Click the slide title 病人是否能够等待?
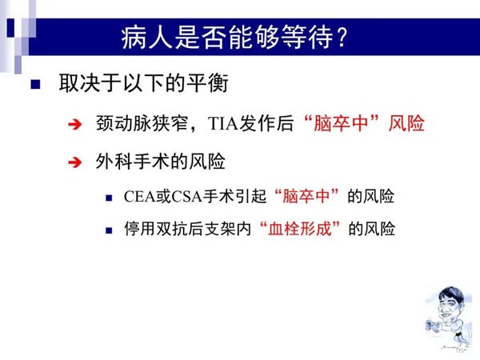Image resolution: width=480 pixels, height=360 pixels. click(x=234, y=38)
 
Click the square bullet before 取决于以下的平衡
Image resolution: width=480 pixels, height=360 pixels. click(x=35, y=84)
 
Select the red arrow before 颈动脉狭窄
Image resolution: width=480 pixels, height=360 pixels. click(x=75, y=124)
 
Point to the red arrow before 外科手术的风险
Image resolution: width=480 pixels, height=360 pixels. click(x=75, y=162)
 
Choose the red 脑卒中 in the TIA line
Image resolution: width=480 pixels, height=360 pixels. click(x=341, y=123)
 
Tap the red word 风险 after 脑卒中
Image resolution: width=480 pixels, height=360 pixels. click(x=406, y=123)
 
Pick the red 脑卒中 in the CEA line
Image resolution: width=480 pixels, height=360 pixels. click(x=306, y=196)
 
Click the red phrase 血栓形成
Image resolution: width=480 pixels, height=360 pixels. click(x=300, y=229)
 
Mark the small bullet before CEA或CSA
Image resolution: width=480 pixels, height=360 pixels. click(x=109, y=198)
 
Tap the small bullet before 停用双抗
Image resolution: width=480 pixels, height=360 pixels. click(x=109, y=230)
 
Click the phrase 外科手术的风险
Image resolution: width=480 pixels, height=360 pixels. click(x=161, y=162)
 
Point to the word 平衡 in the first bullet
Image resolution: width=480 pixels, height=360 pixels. click(x=207, y=83)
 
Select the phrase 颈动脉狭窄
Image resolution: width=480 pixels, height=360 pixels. click(x=142, y=123)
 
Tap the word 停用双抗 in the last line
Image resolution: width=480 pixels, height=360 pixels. click(x=156, y=229)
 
